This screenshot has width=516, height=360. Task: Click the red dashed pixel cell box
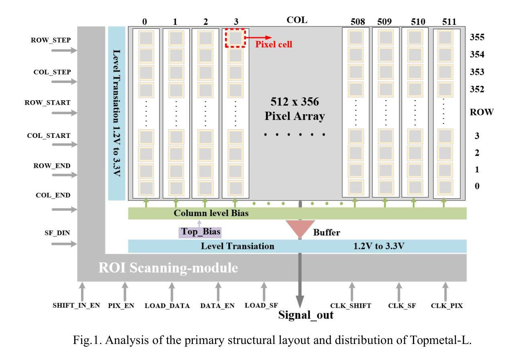click(x=235, y=38)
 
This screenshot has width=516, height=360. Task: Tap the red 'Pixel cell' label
click(x=274, y=44)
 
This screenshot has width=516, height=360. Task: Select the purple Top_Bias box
click(x=200, y=232)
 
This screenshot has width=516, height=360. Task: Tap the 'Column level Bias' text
click(x=211, y=213)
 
